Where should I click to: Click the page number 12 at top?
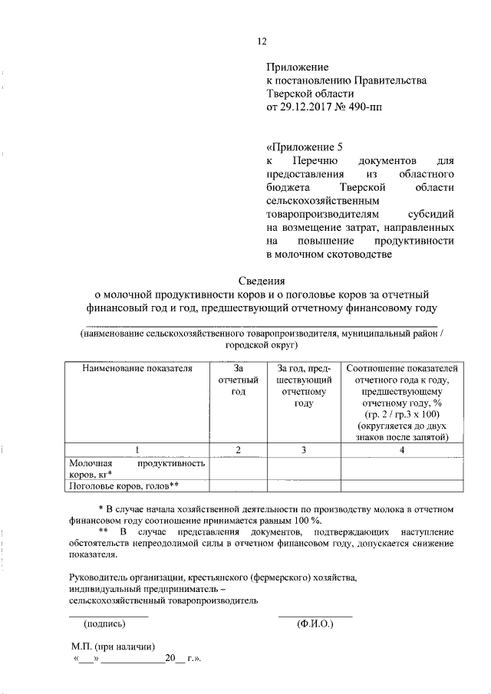pyautogui.click(x=260, y=41)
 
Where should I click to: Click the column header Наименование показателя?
pyautogui.click(x=137, y=369)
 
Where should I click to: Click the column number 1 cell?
pyautogui.click(x=137, y=450)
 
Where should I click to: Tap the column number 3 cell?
pyautogui.click(x=303, y=450)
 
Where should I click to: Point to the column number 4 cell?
pyautogui.click(x=402, y=450)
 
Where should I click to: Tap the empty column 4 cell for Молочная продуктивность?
pyautogui.click(x=402, y=469)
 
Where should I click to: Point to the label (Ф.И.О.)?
pyautogui.click(x=315, y=623)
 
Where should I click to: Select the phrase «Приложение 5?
pyautogui.click(x=300, y=148)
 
